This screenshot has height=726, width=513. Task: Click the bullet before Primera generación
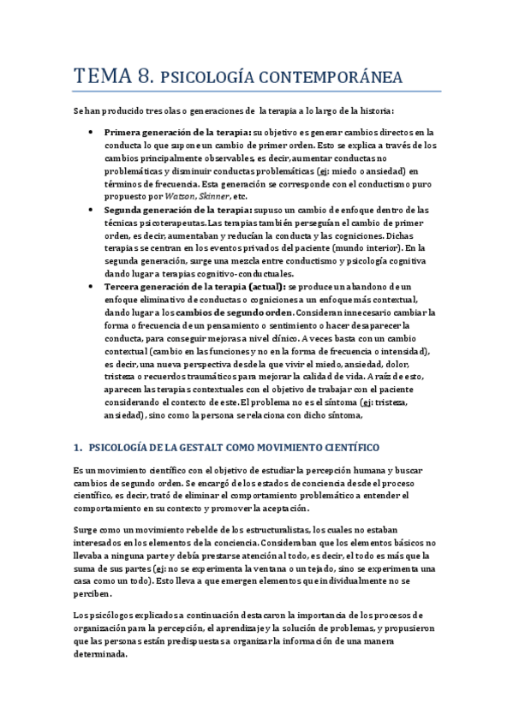point(91,133)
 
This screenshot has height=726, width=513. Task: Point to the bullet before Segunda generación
point(91,210)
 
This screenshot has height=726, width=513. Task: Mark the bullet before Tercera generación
point(91,287)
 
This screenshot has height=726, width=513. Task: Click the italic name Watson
point(192,196)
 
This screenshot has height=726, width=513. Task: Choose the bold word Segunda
point(125,210)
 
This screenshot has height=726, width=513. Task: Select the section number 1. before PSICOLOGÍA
point(77,448)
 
